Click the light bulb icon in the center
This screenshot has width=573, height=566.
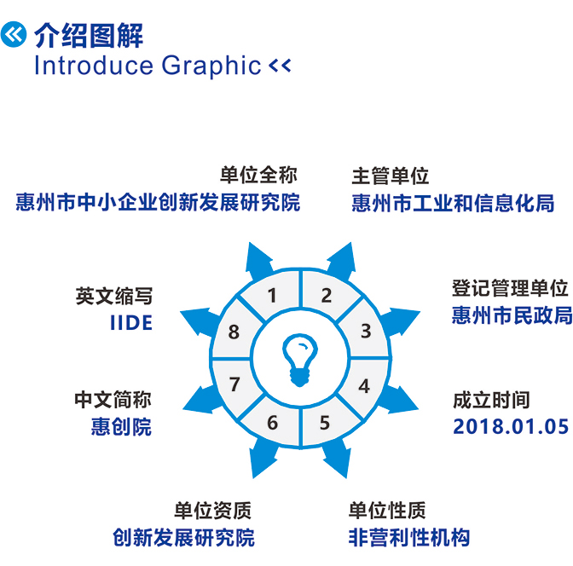coord(299,360)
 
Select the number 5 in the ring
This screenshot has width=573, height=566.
coord(325,423)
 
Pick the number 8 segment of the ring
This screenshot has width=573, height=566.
coord(234,332)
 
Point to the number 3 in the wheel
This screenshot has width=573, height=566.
coord(366,331)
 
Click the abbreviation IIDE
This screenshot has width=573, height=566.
coord(131,323)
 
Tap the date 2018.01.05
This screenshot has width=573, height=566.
coord(511,426)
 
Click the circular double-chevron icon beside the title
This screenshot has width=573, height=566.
coord(14,34)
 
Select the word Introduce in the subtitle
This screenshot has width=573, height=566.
coord(94,66)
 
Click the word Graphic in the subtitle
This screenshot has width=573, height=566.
coord(211,66)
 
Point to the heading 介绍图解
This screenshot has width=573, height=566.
coord(89,35)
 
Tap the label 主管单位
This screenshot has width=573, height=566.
coord(390,176)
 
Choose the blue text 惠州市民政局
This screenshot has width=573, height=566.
coord(512,315)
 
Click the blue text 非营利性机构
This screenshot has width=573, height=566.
coord(409,537)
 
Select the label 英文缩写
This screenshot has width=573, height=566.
coord(114,296)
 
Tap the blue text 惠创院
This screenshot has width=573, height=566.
coord(121,426)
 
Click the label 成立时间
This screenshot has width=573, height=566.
coord(491,400)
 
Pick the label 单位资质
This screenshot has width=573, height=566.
coord(212,510)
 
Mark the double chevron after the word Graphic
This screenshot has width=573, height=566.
coord(280,66)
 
